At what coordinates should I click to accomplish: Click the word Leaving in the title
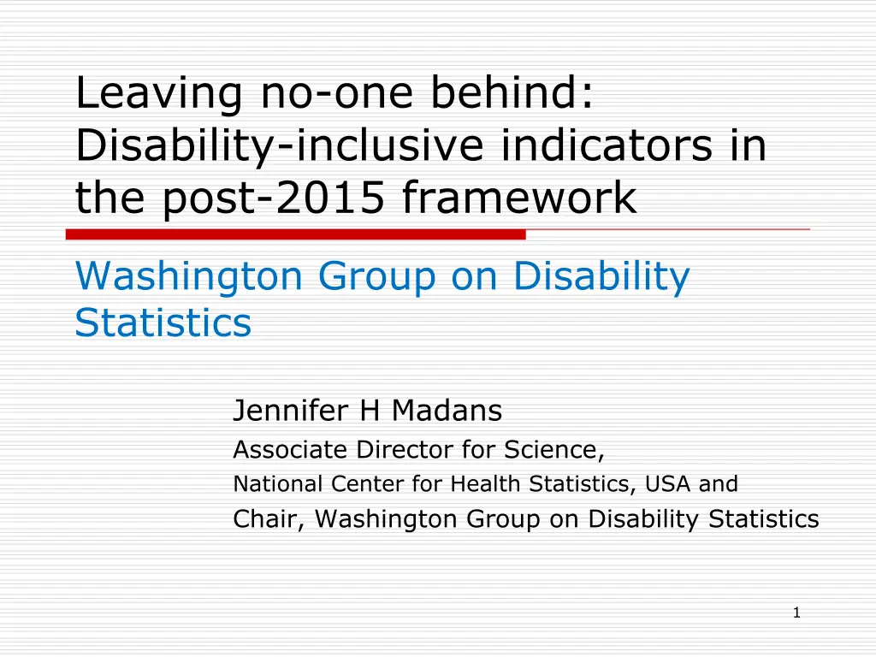pos(158,94)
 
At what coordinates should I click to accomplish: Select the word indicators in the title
pos(607,145)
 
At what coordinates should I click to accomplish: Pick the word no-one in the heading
pos(337,94)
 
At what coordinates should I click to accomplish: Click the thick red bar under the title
pos(295,234)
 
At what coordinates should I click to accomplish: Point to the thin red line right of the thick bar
pos(667,229)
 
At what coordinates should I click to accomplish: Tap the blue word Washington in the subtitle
pos(189,277)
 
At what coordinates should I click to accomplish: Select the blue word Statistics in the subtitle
pos(163,323)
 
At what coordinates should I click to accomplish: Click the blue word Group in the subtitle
pos(377,277)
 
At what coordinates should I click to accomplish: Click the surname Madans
pos(447,410)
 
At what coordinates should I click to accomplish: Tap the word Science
pos(554,450)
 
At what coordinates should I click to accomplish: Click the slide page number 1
pos(796,613)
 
